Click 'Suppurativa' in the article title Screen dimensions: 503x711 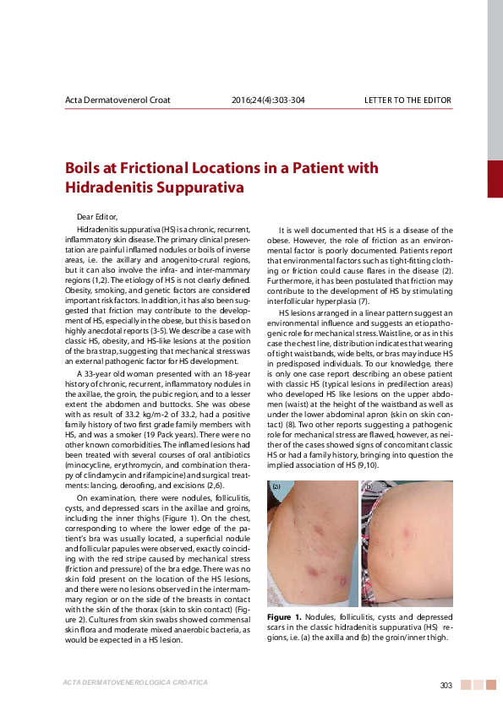point(196,186)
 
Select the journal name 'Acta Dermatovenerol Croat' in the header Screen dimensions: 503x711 point(118,100)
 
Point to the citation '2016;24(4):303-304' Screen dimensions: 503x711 point(268,100)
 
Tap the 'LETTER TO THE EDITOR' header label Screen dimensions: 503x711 point(407,100)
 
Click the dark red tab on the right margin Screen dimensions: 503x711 point(495,178)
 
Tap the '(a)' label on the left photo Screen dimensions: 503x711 point(276,487)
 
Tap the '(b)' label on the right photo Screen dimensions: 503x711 point(369,487)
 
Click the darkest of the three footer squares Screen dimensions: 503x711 point(464,684)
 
